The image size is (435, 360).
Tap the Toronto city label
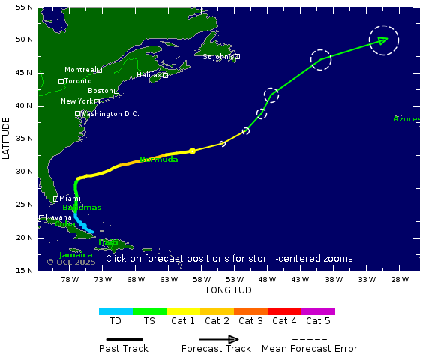click(78, 81)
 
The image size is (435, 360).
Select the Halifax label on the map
click(149, 75)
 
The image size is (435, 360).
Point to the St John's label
click(218, 56)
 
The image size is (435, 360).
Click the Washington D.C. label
click(109, 114)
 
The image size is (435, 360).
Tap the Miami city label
click(70, 199)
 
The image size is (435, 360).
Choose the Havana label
click(58, 217)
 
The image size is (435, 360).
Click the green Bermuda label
click(159, 160)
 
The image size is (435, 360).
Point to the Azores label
click(406, 119)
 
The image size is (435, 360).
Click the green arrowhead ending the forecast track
click(383, 40)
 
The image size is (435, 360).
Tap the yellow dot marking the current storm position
click(193, 151)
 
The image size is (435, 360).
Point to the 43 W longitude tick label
click(301, 279)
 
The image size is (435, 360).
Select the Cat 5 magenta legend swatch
click(318, 310)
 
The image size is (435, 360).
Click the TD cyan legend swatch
click(115, 310)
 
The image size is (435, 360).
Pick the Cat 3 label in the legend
click(250, 321)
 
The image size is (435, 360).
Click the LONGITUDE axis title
click(232, 290)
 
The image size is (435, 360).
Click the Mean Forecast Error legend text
click(309, 348)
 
